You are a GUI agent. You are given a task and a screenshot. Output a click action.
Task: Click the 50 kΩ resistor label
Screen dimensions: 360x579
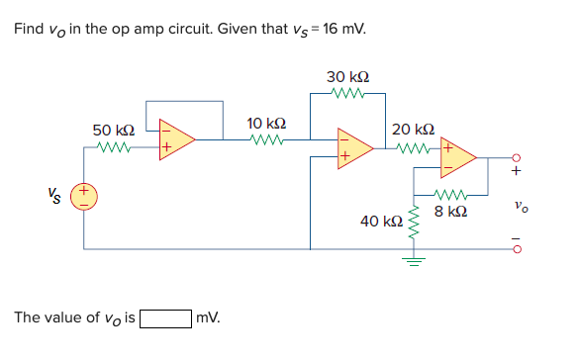coord(113,131)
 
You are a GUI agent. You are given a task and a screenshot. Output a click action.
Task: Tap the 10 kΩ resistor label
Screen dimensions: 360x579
coord(266,124)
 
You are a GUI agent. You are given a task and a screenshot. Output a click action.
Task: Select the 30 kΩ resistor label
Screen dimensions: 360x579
coord(350,77)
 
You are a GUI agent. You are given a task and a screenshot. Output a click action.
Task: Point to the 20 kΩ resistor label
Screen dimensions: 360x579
coord(412,130)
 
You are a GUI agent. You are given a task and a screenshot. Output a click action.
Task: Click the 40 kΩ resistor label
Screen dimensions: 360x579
coord(380,220)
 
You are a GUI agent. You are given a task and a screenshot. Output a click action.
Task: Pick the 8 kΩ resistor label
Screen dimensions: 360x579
coord(450,212)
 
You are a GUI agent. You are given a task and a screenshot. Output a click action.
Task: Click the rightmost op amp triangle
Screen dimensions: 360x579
coord(457,156)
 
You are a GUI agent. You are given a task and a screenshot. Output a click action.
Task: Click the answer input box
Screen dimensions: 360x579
coord(165,318)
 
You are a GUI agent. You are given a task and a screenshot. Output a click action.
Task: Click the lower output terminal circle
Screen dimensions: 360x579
coord(515,247)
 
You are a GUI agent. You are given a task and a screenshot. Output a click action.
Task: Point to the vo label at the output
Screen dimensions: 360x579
coord(521,206)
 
